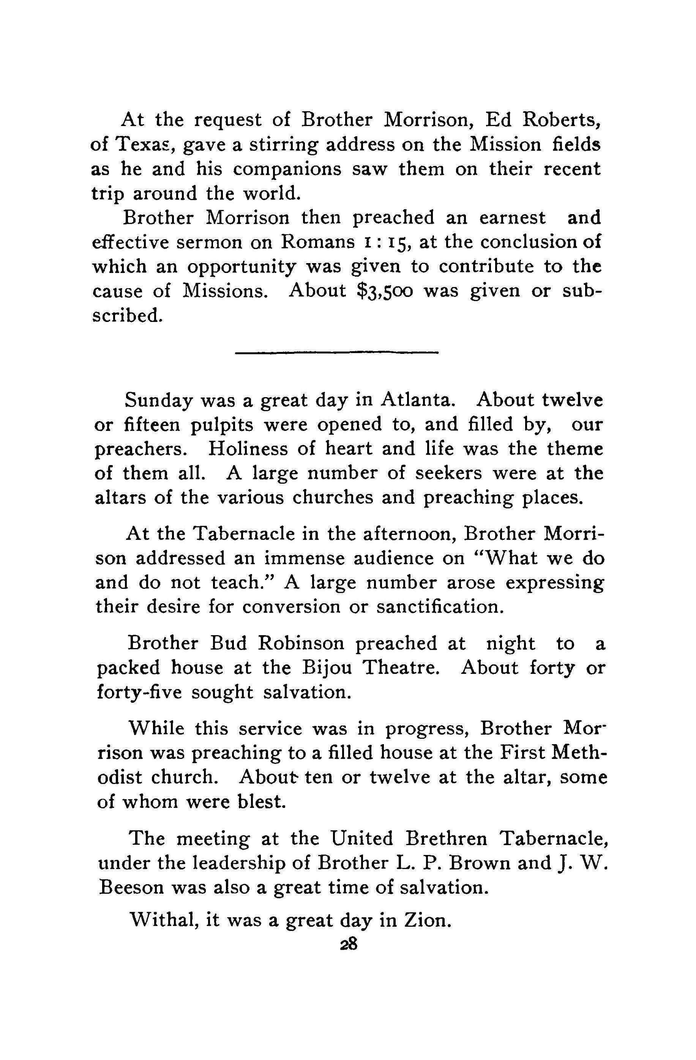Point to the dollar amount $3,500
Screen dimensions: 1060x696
tap(386, 290)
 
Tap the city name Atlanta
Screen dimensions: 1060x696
tap(418, 399)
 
